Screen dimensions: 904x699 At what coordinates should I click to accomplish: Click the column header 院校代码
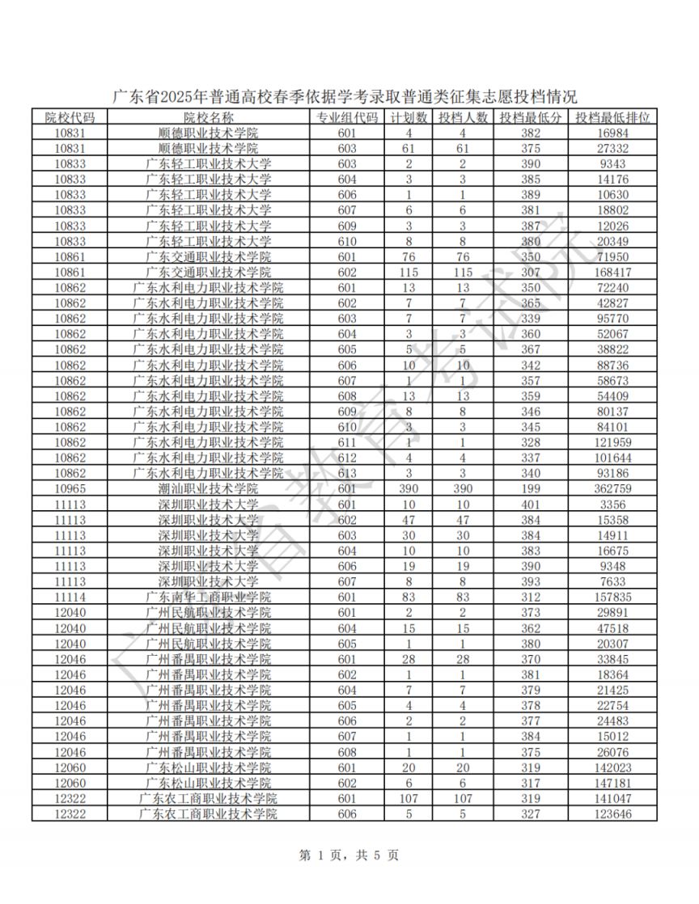click(70, 118)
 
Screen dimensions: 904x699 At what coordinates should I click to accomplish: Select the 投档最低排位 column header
click(612, 118)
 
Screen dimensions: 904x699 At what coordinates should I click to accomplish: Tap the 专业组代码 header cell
click(347, 118)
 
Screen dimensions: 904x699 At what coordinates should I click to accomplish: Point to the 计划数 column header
click(409, 118)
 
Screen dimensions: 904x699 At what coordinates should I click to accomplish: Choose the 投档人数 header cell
click(464, 118)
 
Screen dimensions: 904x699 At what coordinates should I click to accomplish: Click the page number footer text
click(349, 855)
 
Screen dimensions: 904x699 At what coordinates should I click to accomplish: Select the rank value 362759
click(612, 489)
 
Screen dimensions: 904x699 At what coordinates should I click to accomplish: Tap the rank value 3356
click(612, 505)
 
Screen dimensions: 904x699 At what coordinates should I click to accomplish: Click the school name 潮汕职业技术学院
click(209, 489)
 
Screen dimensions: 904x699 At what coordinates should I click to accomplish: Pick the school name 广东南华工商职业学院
click(209, 597)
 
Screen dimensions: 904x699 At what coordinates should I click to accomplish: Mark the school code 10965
click(70, 489)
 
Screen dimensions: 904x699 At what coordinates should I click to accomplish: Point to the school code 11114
click(70, 597)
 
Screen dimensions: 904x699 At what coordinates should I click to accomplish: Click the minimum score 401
click(531, 505)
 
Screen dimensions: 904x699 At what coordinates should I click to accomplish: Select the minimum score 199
click(531, 489)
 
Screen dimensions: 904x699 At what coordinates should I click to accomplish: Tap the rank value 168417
click(612, 272)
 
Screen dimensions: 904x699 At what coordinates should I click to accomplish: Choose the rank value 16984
click(612, 133)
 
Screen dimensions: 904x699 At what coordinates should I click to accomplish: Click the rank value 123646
click(612, 813)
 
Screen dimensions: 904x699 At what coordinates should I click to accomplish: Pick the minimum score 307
click(531, 272)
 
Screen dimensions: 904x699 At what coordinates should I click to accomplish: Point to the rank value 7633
click(612, 581)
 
